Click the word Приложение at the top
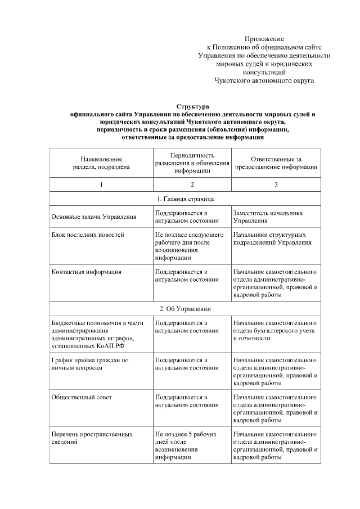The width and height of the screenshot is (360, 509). [x=264, y=38]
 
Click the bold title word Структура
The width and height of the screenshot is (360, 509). [x=192, y=106]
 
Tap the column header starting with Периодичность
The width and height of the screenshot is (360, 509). [x=192, y=163]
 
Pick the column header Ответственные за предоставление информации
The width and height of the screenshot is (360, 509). [x=276, y=163]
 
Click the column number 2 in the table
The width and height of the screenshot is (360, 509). [x=192, y=185]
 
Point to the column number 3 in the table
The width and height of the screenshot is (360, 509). [x=276, y=185]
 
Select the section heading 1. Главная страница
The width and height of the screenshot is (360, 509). [x=184, y=199]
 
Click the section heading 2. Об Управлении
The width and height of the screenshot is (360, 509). [x=184, y=309]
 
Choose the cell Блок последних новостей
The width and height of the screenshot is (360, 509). [x=87, y=235]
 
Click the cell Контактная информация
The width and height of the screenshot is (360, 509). [x=87, y=272]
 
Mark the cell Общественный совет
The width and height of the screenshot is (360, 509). [x=82, y=397]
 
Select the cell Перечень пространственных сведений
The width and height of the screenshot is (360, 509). [x=92, y=438]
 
